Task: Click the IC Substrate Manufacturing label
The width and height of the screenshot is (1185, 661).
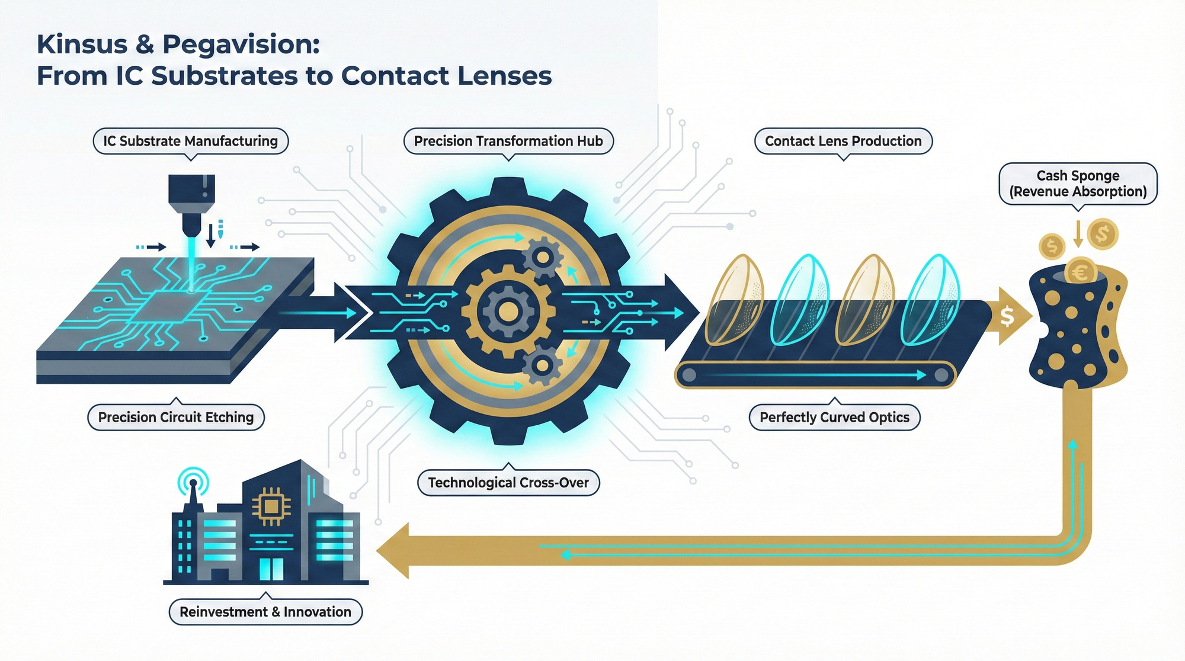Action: (190, 141)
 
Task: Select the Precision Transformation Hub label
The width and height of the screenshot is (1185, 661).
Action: (508, 141)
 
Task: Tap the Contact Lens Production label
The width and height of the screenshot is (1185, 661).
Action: (843, 141)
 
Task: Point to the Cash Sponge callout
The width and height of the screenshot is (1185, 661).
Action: (1078, 184)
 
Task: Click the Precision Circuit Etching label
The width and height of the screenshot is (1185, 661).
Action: (176, 417)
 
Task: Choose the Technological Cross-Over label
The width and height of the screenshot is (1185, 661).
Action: (508, 483)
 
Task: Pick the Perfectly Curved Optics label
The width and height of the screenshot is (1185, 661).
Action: (834, 417)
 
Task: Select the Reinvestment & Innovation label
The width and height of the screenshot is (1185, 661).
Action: (265, 612)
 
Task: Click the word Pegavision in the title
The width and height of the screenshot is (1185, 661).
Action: (241, 44)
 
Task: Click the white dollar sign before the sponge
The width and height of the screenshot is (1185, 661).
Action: (1007, 316)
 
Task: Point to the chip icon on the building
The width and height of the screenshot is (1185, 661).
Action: (271, 506)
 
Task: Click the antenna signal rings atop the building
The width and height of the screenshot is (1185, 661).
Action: (193, 481)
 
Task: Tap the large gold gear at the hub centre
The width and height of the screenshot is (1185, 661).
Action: (507, 310)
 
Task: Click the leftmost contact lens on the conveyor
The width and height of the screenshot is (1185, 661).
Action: (735, 300)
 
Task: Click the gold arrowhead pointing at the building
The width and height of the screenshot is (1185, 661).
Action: (393, 551)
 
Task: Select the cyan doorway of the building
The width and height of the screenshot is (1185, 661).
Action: (271, 568)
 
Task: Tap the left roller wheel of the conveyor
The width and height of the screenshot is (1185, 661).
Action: (688, 374)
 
